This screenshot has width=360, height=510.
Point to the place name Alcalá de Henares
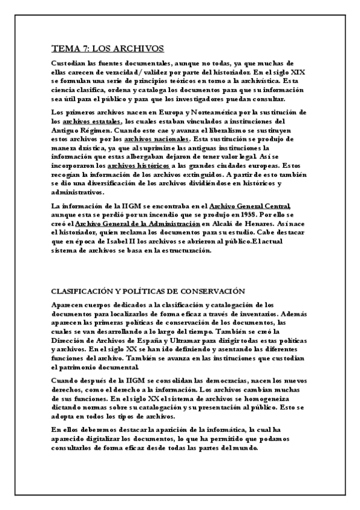coord(234,224)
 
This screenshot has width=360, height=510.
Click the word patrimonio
coord(83,366)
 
